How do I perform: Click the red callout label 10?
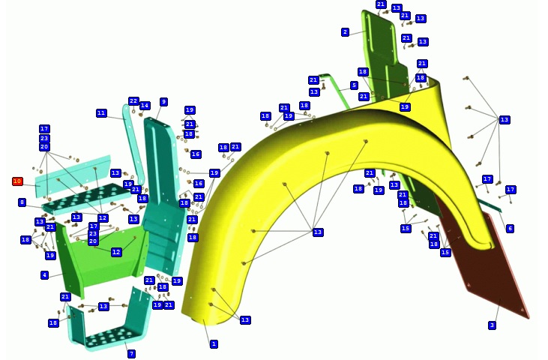tap(17, 181)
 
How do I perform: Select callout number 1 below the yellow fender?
tap(214, 344)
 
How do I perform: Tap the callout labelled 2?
tap(346, 32)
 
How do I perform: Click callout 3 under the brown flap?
tap(492, 325)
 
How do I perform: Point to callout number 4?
tap(45, 275)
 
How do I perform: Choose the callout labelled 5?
tap(354, 85)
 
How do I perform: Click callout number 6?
tap(511, 229)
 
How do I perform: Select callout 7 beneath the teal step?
tap(131, 354)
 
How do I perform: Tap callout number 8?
tap(22, 202)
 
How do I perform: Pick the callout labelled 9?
tap(163, 102)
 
